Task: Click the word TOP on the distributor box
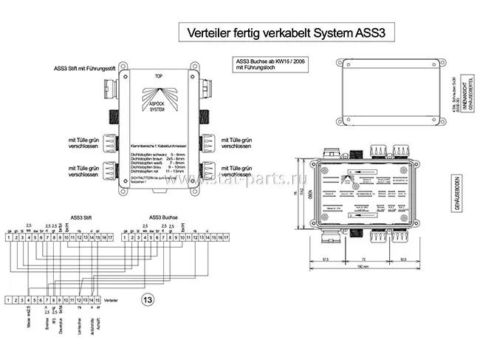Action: coord(158,76)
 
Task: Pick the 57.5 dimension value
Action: coord(327,259)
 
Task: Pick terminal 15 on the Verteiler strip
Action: coord(97,299)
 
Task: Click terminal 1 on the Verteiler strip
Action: coord(7,299)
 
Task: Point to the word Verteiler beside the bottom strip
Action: coord(113,299)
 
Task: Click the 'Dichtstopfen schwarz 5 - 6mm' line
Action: coord(157,146)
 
